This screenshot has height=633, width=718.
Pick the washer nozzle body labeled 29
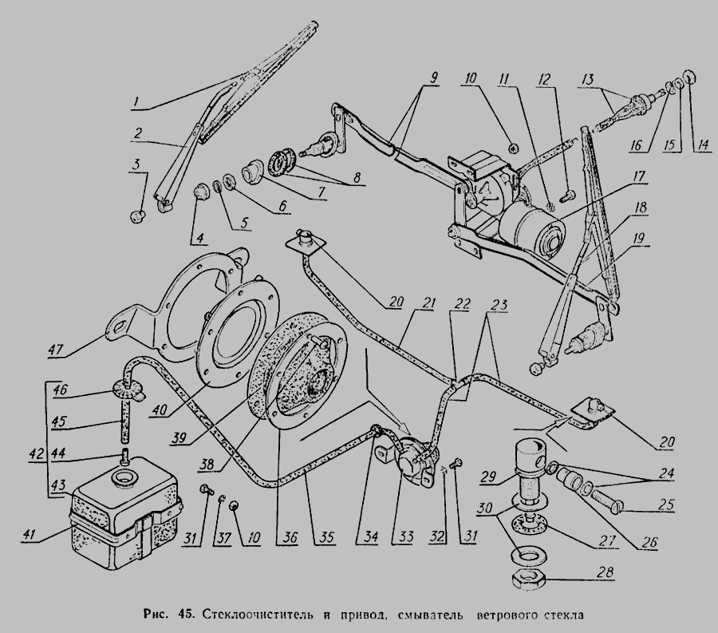[x=529, y=463]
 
